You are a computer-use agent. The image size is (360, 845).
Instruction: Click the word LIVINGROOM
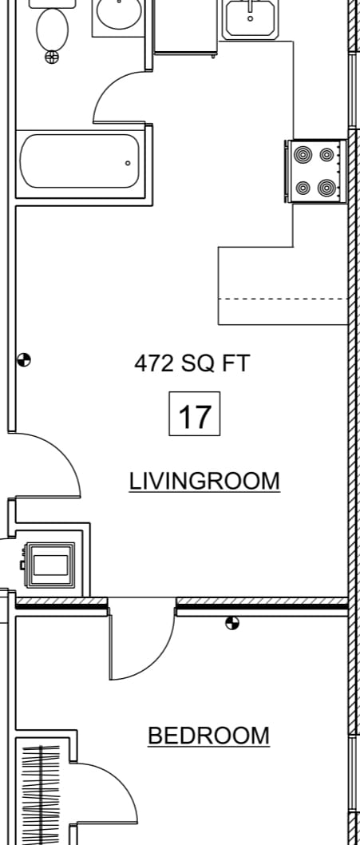point(204,481)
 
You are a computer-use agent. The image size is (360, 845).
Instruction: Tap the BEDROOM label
point(208,736)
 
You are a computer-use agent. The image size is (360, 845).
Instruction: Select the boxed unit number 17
point(195,414)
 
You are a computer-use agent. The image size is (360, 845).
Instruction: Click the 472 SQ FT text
point(192,363)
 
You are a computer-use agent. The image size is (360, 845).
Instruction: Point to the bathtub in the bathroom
point(81,161)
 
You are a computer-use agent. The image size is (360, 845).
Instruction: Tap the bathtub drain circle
point(128,163)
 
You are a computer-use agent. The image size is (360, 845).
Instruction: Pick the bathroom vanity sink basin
point(119,13)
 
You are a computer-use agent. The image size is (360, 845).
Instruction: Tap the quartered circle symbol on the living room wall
point(24,359)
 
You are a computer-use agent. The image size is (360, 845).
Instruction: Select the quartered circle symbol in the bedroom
point(232,624)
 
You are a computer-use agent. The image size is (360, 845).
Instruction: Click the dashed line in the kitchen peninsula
point(283,299)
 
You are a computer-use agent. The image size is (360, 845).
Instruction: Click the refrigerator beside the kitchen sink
point(186,27)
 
